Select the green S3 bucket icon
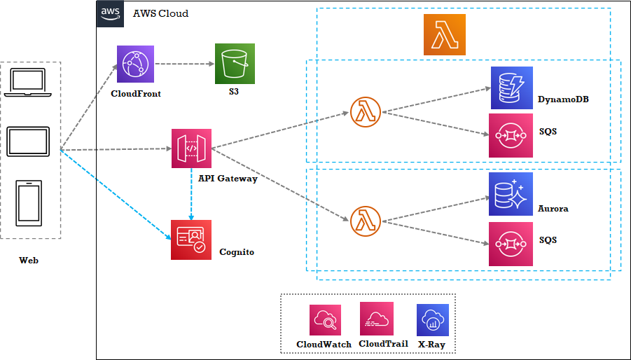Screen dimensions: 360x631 tap(235, 64)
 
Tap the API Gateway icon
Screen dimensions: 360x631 tap(191, 148)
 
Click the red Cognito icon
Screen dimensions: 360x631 tap(190, 240)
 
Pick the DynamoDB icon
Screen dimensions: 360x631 tap(511, 88)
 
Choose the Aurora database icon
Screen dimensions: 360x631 tap(511, 194)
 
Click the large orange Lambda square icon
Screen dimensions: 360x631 tap(444, 34)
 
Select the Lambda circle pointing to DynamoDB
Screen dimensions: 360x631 tap(364, 111)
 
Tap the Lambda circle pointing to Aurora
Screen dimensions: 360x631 tap(364, 221)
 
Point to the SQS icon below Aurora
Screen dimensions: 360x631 tap(510, 244)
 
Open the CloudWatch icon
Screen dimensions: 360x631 tap(325, 320)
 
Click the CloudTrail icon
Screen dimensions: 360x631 tap(377, 319)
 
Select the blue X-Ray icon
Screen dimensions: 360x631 tap(432, 320)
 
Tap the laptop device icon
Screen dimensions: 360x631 tap(28, 83)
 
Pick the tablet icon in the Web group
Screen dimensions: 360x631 tap(28, 142)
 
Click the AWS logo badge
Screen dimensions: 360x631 tap(110, 13)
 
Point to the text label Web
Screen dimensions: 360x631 tap(29, 261)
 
